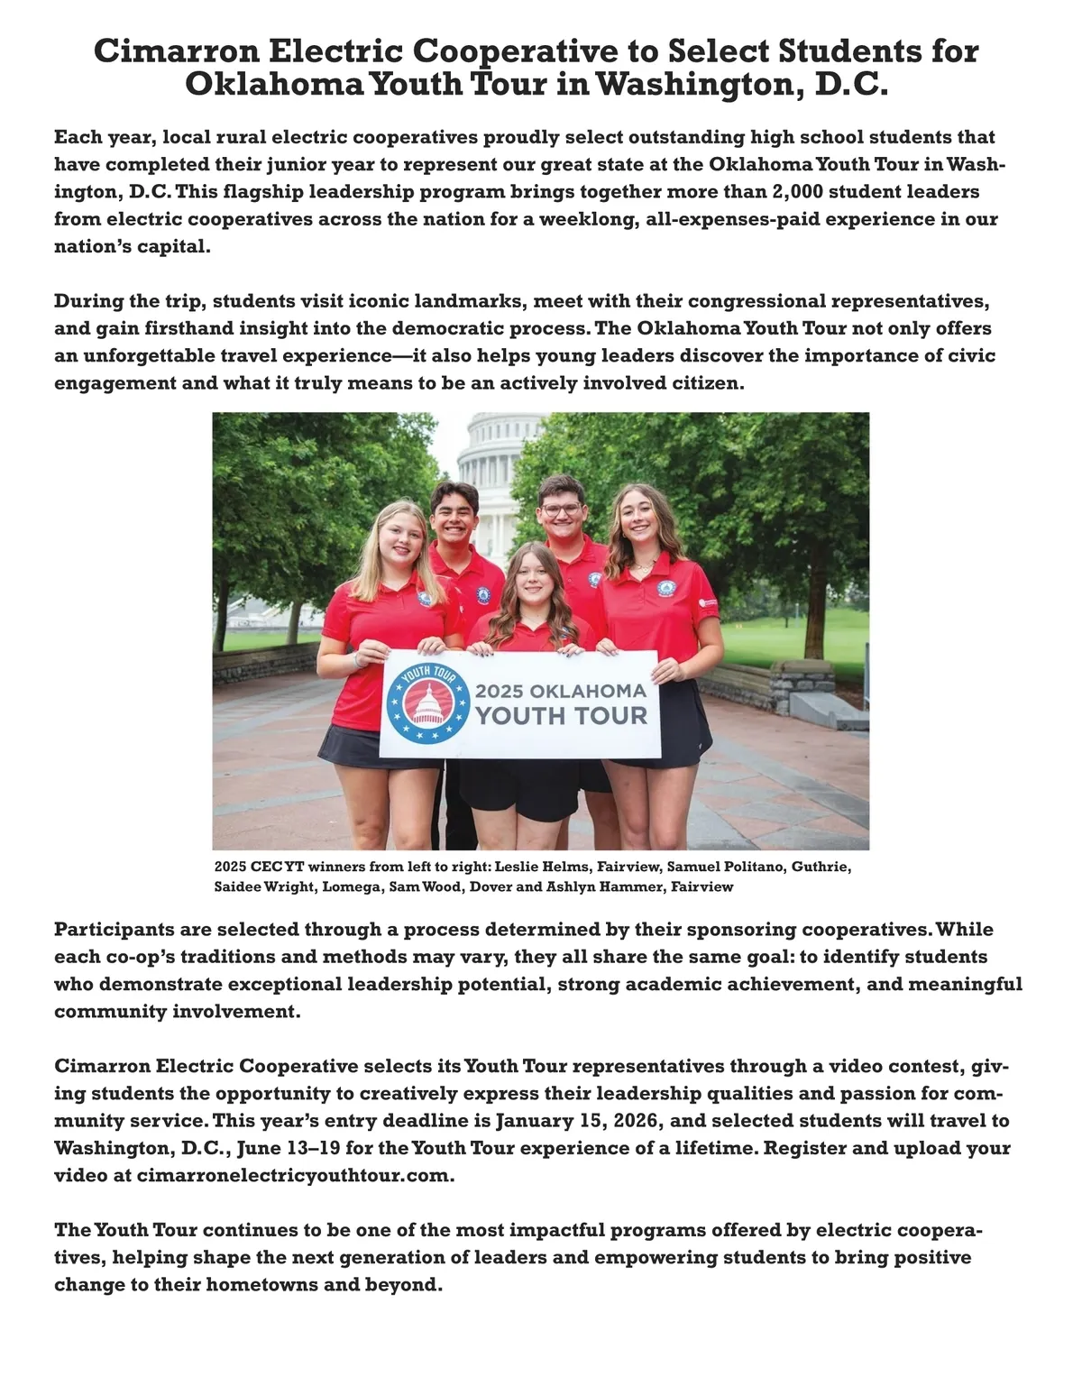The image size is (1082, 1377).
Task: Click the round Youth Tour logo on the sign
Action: point(428,703)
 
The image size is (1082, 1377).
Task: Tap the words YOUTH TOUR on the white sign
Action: point(561,717)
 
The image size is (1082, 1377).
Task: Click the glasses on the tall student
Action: point(562,510)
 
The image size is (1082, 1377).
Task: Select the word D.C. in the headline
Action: point(851,85)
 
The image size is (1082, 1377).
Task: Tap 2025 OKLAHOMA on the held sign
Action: point(561,692)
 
